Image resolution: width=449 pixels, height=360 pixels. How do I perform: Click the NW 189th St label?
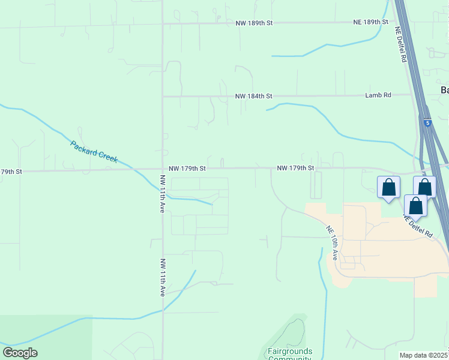click(254, 22)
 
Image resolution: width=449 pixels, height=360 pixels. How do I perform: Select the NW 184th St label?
click(253, 96)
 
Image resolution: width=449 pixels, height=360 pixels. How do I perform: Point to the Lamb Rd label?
click(378, 95)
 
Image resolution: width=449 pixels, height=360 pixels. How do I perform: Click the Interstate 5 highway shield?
click(427, 122)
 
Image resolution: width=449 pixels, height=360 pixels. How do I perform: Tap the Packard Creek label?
click(94, 152)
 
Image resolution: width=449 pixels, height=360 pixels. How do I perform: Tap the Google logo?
click(20, 353)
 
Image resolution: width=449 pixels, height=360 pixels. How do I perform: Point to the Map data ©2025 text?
click(424, 355)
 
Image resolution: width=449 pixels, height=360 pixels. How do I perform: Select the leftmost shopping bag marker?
click(388, 188)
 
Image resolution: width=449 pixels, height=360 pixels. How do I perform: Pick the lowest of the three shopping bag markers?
click(415, 206)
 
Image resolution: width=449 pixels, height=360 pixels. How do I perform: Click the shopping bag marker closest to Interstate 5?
click(425, 187)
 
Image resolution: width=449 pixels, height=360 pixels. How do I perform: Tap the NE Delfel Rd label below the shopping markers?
click(418, 226)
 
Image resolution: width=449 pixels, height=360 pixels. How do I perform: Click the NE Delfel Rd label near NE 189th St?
click(402, 45)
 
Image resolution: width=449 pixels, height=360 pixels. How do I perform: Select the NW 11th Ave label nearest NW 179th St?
click(162, 194)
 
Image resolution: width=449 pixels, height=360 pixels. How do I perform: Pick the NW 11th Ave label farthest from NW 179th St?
click(162, 278)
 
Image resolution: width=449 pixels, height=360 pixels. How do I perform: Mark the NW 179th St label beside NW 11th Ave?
click(187, 169)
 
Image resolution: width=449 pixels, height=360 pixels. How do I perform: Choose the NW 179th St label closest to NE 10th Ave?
click(295, 168)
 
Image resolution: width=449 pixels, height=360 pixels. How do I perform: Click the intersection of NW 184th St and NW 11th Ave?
click(163, 96)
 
